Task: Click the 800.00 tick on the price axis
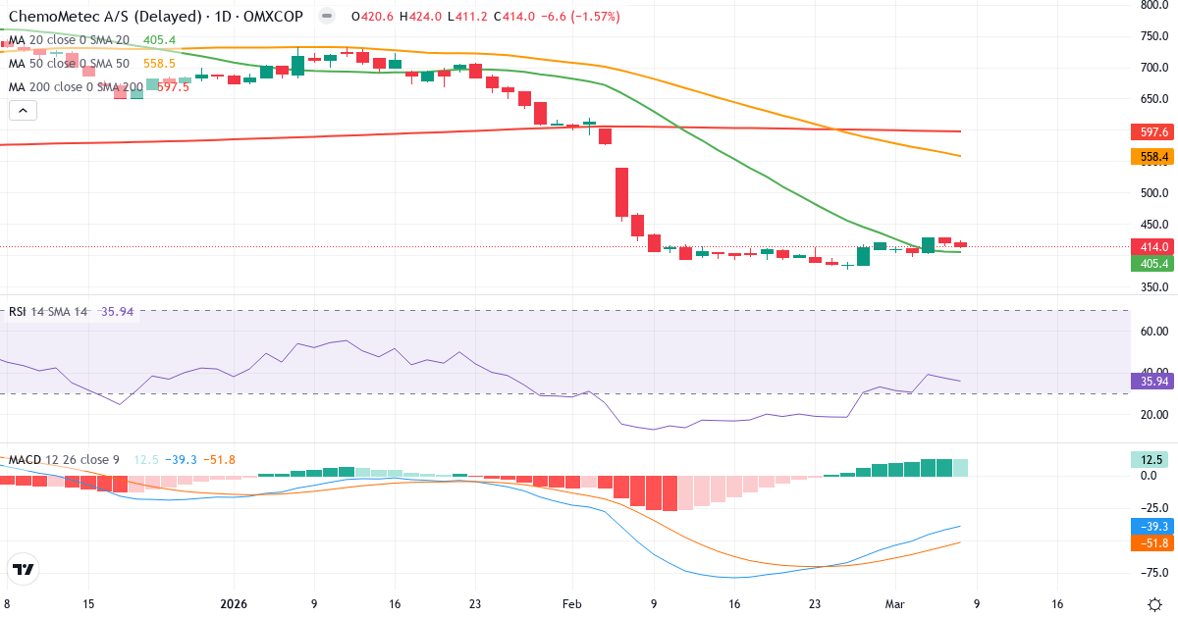pyautogui.click(x=1153, y=5)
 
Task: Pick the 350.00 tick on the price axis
pyautogui.click(x=1153, y=287)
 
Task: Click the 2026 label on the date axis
pyautogui.click(x=234, y=604)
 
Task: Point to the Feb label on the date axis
pyautogui.click(x=572, y=604)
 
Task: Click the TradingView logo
pyautogui.click(x=24, y=569)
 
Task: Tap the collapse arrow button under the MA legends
pyautogui.click(x=24, y=110)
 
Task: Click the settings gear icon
pyautogui.click(x=1154, y=604)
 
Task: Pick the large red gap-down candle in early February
pyautogui.click(x=621, y=192)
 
